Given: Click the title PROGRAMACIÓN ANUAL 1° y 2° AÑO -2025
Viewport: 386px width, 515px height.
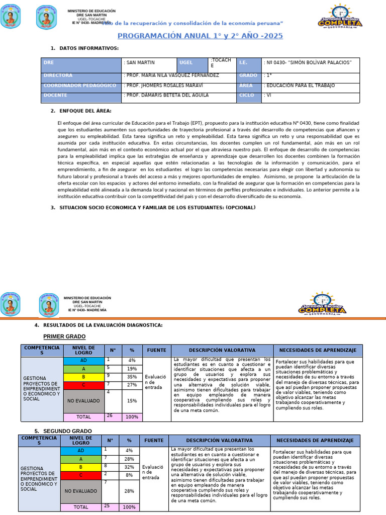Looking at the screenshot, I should pyautogui.click(x=200, y=36).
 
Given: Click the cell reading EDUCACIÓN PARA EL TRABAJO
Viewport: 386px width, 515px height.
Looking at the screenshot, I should pyautogui.click(x=299, y=85).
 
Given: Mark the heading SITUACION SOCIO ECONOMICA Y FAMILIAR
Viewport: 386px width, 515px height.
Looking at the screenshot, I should pyautogui.click(x=157, y=208).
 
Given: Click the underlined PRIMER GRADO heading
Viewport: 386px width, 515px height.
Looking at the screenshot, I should pyautogui.click(x=64, y=336).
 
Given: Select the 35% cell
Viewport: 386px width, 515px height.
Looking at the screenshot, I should pyautogui.click(x=132, y=376).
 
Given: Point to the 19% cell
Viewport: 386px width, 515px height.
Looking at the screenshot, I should pyautogui.click(x=132, y=369).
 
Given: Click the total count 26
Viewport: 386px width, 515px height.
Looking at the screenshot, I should pyautogui.click(x=110, y=415).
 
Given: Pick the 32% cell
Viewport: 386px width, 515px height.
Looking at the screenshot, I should pyautogui.click(x=129, y=467).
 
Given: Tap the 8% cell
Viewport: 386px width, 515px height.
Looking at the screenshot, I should pyautogui.click(x=129, y=475).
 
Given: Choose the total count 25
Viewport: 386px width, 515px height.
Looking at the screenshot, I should pyautogui.click(x=107, y=505).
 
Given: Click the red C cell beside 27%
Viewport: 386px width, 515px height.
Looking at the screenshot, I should pyautogui.click(x=83, y=384).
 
